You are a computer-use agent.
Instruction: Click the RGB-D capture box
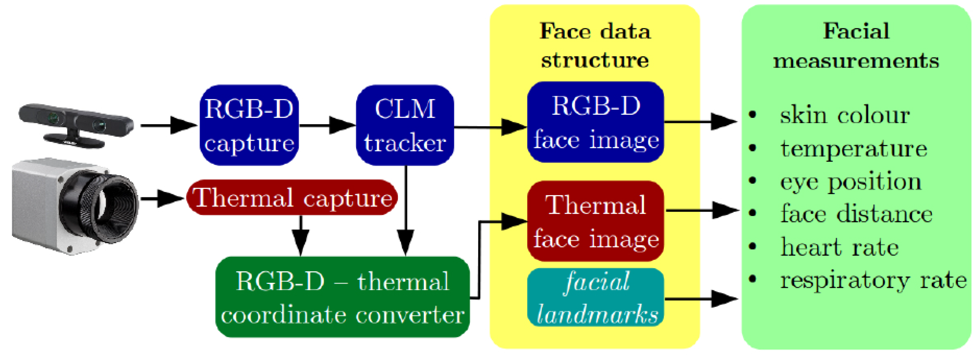pos(249,125)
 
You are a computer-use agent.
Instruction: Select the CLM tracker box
pos(405,125)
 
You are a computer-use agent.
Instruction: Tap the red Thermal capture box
pos(292,198)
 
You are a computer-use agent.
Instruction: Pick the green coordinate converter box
pos(342,297)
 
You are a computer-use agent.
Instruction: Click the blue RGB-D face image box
pos(595,122)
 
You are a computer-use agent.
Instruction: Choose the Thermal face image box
pos(595,221)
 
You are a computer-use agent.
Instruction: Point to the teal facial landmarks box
pos(595,297)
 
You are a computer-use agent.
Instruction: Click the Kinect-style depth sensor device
pos(76,125)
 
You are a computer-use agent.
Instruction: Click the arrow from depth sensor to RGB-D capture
pos(169,125)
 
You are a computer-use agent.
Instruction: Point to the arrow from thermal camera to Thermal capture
pos(162,198)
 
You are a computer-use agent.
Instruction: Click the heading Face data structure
pos(595,45)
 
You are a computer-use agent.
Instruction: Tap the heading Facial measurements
pos(856,45)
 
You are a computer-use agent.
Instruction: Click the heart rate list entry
pos(839,247)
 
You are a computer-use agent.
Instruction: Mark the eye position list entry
pos(851,182)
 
